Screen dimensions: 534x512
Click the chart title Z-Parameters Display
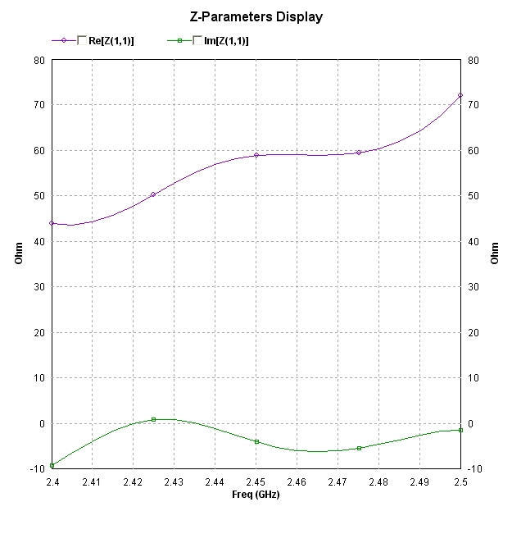pos(256,16)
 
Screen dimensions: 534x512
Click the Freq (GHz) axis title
pos(256,495)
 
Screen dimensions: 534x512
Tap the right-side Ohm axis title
pos(494,253)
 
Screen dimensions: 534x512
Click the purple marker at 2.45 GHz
pos(256,155)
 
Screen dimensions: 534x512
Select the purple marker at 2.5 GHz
pos(460,95)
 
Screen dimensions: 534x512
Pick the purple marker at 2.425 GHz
pos(153,194)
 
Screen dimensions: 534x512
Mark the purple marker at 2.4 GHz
pos(52,223)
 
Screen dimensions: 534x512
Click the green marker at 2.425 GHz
pos(153,419)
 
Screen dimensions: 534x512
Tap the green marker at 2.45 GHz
pos(256,441)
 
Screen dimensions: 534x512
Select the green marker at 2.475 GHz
pos(359,448)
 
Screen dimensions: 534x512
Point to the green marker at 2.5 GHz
pos(460,430)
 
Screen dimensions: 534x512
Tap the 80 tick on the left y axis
pos(39,60)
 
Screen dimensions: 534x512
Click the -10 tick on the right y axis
pos(473,469)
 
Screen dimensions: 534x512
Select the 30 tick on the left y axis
pos(39,287)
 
